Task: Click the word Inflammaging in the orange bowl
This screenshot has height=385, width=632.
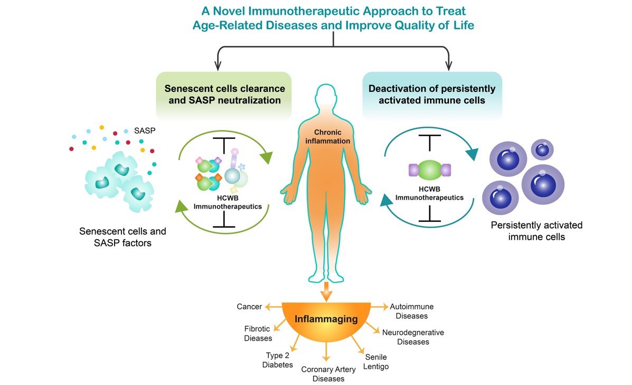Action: [326, 320]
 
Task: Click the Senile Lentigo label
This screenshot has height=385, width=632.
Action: [376, 362]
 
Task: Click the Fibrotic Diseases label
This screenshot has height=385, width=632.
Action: [258, 333]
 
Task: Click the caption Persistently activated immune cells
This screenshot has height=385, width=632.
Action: [536, 231]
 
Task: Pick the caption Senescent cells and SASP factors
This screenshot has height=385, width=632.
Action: [122, 237]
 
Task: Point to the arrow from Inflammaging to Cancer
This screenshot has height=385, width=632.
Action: [272, 307]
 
